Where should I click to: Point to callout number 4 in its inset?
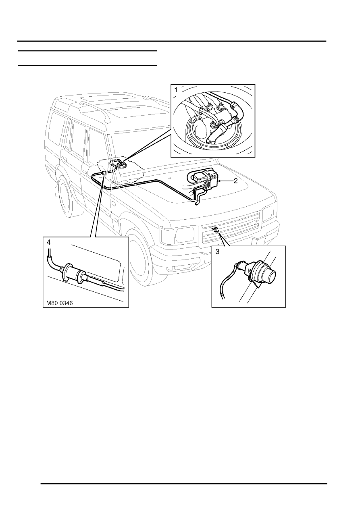48,243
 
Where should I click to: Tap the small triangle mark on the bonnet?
171,178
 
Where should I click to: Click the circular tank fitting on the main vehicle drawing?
120,164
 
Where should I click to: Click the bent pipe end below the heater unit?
197,202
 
